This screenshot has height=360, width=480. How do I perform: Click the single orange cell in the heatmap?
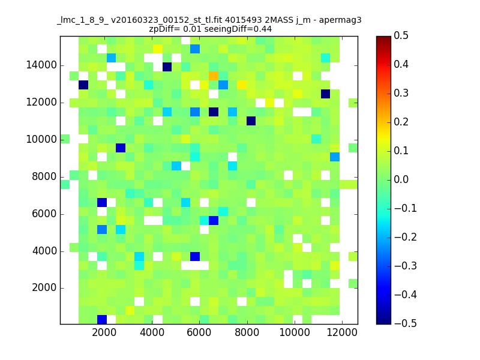click(214, 76)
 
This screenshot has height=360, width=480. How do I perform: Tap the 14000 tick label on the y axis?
click(41, 65)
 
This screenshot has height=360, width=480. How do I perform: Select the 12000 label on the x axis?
click(342, 332)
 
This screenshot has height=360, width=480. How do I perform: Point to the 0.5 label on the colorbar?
click(401, 35)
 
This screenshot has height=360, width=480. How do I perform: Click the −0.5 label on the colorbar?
click(406, 323)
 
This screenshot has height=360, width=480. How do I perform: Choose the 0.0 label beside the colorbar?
click(401, 179)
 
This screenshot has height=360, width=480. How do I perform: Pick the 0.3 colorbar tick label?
click(401, 93)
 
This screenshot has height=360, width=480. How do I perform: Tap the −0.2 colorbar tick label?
click(406, 237)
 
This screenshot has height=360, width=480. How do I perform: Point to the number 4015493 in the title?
click(244, 20)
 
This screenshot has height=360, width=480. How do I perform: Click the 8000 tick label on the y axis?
click(44, 176)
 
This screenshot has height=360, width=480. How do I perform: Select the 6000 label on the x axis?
click(199, 332)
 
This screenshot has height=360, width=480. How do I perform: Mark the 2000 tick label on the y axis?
click(44, 288)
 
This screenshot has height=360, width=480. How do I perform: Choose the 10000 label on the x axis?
click(295, 332)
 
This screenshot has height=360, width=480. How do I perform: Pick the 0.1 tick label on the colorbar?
click(401, 151)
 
